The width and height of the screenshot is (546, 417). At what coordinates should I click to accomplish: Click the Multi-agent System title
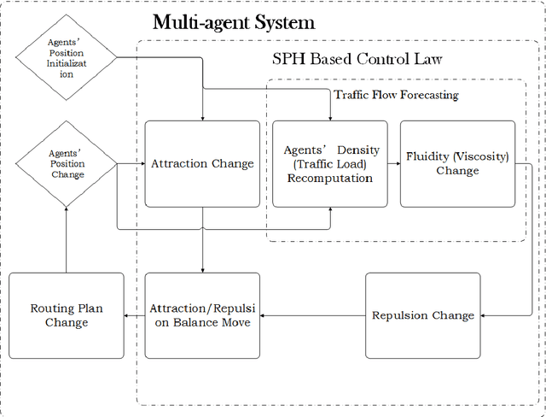point(234,22)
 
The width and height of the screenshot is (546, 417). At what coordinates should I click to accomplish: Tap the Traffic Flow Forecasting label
point(395,95)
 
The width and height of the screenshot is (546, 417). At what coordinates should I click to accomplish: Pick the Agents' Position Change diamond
point(67,163)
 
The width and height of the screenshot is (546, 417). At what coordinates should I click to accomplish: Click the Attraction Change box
point(202,163)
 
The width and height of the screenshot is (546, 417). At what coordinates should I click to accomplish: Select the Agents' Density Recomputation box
point(330,163)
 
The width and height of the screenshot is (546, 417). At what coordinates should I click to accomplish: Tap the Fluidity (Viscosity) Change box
point(457,163)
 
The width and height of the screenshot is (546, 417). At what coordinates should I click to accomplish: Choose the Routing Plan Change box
point(66,315)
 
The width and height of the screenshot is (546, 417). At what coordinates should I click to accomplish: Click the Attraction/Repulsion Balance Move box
point(202,315)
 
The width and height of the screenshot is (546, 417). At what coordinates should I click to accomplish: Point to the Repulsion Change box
point(422,315)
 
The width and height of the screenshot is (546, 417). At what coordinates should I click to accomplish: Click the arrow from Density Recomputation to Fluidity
point(394,163)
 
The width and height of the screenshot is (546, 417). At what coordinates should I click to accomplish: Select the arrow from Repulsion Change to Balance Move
point(312,315)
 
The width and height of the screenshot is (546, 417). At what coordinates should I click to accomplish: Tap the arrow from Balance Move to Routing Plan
point(134,315)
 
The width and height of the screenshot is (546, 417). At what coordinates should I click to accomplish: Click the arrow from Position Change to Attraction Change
point(131,163)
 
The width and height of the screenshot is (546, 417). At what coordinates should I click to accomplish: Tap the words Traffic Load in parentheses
point(330,164)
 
